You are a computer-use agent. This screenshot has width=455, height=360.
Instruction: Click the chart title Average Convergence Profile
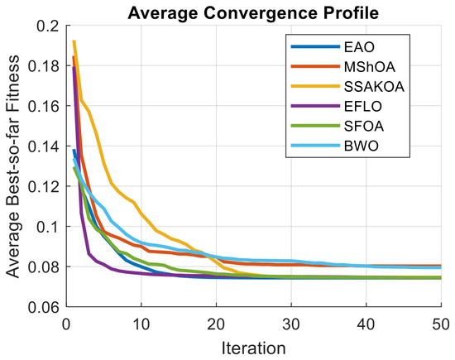[253, 13]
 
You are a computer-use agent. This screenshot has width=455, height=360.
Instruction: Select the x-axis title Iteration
[254, 348]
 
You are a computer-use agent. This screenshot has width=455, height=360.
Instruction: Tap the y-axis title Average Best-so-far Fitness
[13, 166]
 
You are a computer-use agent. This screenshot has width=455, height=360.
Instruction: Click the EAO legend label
[359, 47]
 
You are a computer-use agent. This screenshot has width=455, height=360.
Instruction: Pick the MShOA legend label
[370, 67]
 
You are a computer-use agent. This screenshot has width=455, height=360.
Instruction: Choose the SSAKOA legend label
[374, 87]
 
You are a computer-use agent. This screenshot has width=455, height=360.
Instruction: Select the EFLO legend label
[363, 106]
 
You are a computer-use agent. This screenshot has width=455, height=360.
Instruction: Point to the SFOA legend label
[364, 126]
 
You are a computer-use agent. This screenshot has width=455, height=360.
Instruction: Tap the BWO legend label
[362, 146]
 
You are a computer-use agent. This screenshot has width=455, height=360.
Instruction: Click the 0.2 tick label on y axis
[48, 26]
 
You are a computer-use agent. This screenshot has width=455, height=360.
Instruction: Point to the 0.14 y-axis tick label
[43, 146]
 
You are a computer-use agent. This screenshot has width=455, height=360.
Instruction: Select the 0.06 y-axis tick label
[43, 307]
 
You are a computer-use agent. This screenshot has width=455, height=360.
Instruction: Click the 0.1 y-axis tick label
[48, 227]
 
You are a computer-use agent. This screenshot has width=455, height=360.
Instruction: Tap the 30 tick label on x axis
[291, 324]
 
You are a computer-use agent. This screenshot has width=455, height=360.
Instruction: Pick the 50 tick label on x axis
[441, 324]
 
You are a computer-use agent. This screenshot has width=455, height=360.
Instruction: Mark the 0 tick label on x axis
[66, 324]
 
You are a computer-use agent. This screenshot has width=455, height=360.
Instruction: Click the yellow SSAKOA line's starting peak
[74, 41]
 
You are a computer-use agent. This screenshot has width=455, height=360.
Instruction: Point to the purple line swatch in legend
[315, 106]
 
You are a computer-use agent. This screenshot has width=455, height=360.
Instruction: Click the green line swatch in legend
[315, 126]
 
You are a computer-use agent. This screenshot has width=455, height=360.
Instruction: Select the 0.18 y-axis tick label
[43, 66]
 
